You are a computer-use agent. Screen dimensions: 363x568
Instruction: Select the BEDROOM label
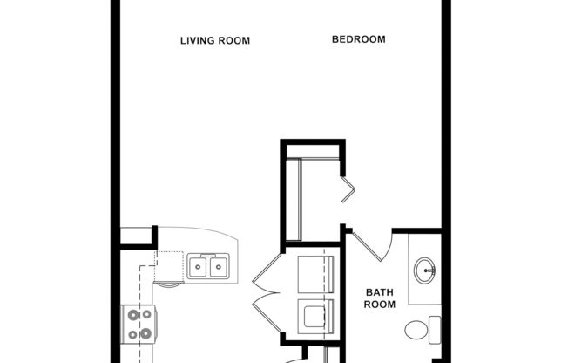(358, 39)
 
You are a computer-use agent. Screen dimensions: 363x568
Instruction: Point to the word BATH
(380, 292)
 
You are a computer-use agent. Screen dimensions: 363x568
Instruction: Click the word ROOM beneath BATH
(380, 305)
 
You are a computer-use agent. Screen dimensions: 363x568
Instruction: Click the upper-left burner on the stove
(133, 315)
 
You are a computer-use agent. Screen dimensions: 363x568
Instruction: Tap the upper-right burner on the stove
(145, 315)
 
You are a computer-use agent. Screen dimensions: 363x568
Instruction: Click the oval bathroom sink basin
(426, 270)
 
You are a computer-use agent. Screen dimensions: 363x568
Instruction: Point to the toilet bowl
(416, 330)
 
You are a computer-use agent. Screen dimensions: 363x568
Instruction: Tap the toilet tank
(434, 330)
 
